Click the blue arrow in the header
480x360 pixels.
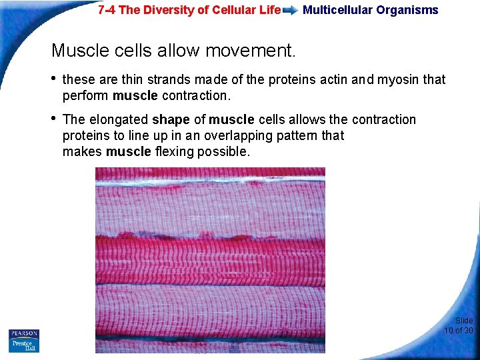click(291, 11)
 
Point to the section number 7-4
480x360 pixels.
click(107, 10)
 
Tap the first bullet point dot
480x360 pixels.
click(54, 79)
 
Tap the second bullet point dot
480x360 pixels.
click(54, 119)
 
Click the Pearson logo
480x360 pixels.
click(24, 333)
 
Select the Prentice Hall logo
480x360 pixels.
click(24, 345)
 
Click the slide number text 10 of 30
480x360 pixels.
click(459, 330)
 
